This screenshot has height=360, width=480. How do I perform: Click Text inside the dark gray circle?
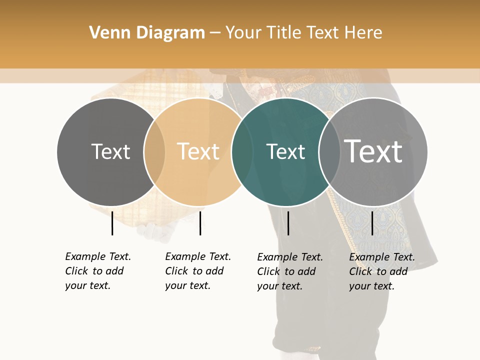[110, 151]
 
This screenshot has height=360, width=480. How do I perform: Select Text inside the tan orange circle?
[198, 151]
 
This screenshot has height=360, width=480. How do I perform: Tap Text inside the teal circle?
[285, 151]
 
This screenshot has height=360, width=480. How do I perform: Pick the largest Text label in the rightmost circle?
[373, 151]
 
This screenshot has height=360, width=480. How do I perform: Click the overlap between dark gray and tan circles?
[154, 152]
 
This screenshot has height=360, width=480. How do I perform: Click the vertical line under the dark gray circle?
[112, 223]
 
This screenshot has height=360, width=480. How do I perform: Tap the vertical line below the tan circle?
[200, 223]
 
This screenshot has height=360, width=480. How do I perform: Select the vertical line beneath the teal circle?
[288, 223]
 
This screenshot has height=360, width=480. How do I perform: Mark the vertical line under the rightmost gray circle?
[372, 223]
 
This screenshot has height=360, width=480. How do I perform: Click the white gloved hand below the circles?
[148, 231]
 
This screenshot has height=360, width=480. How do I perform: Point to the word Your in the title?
[243, 33]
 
